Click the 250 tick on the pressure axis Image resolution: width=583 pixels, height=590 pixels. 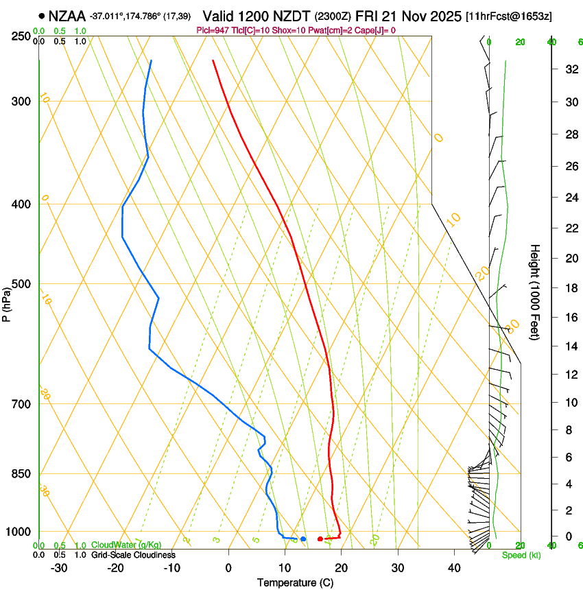point(21,36)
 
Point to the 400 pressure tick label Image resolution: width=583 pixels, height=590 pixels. point(21,204)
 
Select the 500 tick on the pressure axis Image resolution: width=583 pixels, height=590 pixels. point(21,284)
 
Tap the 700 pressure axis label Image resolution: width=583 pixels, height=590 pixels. point(21,404)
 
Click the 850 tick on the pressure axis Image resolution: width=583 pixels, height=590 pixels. point(21,474)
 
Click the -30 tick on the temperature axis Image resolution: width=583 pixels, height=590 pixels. point(59,567)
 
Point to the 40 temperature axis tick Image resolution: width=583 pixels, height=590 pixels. point(454,567)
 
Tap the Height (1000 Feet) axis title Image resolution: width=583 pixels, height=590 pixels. point(536,292)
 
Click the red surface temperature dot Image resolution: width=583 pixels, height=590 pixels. point(320,539)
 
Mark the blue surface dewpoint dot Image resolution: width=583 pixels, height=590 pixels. point(302,539)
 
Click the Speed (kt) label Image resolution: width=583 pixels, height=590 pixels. point(521,555)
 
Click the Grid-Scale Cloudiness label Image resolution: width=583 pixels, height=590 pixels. point(133,554)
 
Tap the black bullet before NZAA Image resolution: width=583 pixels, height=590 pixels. point(43,15)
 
